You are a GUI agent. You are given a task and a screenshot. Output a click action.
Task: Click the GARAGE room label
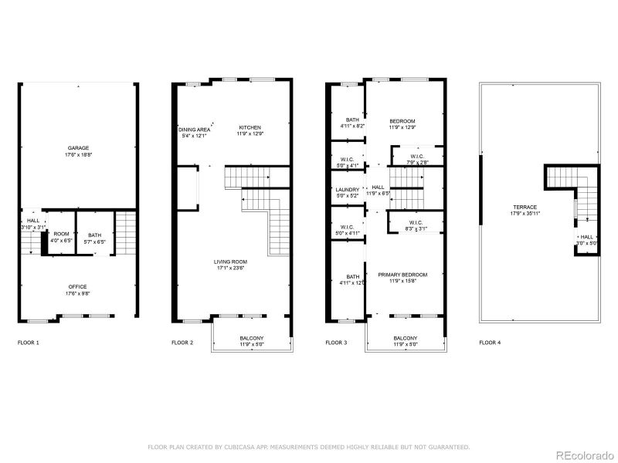tap(78, 148)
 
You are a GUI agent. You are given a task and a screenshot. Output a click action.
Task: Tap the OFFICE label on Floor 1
tap(78, 287)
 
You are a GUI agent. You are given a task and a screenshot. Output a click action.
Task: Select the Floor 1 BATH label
tap(94, 235)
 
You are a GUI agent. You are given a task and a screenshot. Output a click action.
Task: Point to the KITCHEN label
tap(250, 127)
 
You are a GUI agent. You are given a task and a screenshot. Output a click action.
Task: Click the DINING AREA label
tap(195, 129)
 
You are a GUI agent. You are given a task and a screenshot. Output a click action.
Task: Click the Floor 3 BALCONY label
tap(406, 338)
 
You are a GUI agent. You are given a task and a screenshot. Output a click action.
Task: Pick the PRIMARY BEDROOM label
tap(402, 275)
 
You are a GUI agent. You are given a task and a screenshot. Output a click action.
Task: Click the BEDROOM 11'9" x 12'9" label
tap(402, 121)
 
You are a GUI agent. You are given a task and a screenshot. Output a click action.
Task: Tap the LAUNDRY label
tap(347, 190)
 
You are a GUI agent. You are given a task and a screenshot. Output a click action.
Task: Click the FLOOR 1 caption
tap(28, 342)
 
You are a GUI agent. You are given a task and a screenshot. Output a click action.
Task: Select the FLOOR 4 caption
tap(490, 342)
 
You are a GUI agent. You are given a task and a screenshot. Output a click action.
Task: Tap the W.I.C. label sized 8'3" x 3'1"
tap(416, 223)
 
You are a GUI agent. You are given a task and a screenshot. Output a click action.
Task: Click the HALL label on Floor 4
tap(587, 238)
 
